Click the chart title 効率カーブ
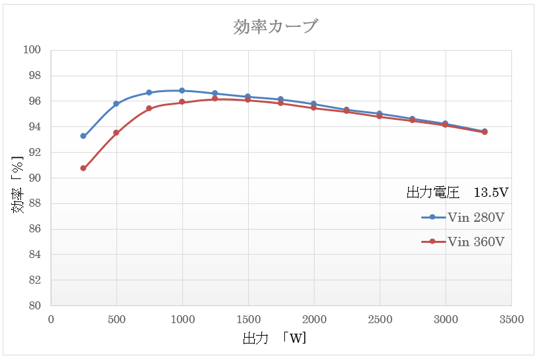point(276,27)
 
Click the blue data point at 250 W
point(84,136)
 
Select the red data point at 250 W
point(84,168)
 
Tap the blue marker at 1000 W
point(182,91)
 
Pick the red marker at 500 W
point(116,133)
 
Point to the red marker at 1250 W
point(215,99)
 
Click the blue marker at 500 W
point(116,104)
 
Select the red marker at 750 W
point(149,109)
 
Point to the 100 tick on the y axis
point(32,50)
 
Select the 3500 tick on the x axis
point(511,320)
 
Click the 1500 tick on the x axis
point(248,320)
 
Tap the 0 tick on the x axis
point(51,320)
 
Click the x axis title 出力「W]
point(274,340)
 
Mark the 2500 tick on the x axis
point(380,320)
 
